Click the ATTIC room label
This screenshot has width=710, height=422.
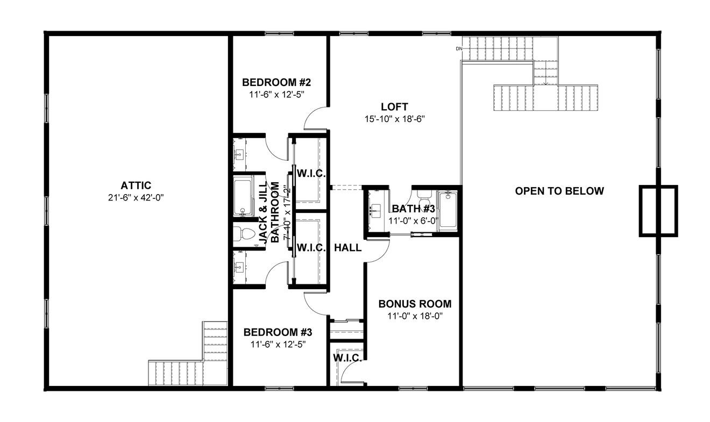coord(136,185)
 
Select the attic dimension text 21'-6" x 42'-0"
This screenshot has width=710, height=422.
coord(136,197)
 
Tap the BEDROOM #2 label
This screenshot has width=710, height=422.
coord(276,83)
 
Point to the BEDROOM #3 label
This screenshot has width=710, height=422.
coord(278,332)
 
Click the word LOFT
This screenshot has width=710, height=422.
coord(394,107)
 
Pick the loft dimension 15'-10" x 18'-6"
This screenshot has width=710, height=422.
coord(395,119)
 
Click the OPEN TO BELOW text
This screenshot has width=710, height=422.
coord(559,191)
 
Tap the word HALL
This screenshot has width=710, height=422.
coord(348,248)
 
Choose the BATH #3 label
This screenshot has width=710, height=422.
coord(413,209)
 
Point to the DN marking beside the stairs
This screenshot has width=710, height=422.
coord(459,49)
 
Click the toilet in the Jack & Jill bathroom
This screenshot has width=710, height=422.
coord(245,234)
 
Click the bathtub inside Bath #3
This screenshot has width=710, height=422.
coord(448,211)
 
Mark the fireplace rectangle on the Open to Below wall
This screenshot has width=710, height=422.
coord(658,211)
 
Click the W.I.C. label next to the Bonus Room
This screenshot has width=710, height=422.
coord(347,357)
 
